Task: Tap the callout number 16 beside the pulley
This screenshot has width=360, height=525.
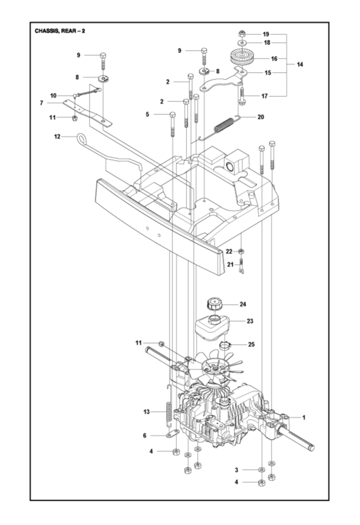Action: point(274,59)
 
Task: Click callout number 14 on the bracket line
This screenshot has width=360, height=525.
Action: point(300,65)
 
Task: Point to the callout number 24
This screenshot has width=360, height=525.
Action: point(243,304)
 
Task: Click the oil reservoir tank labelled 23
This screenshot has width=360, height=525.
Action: point(216,326)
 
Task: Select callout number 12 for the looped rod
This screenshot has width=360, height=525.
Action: point(57,136)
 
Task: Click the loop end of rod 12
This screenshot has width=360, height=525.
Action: point(79,137)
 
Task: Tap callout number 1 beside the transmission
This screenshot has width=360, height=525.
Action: point(304,417)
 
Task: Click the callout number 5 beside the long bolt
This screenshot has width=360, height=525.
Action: point(148,115)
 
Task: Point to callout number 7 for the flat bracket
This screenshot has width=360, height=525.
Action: point(42,103)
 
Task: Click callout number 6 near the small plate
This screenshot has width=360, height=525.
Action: point(145,435)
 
